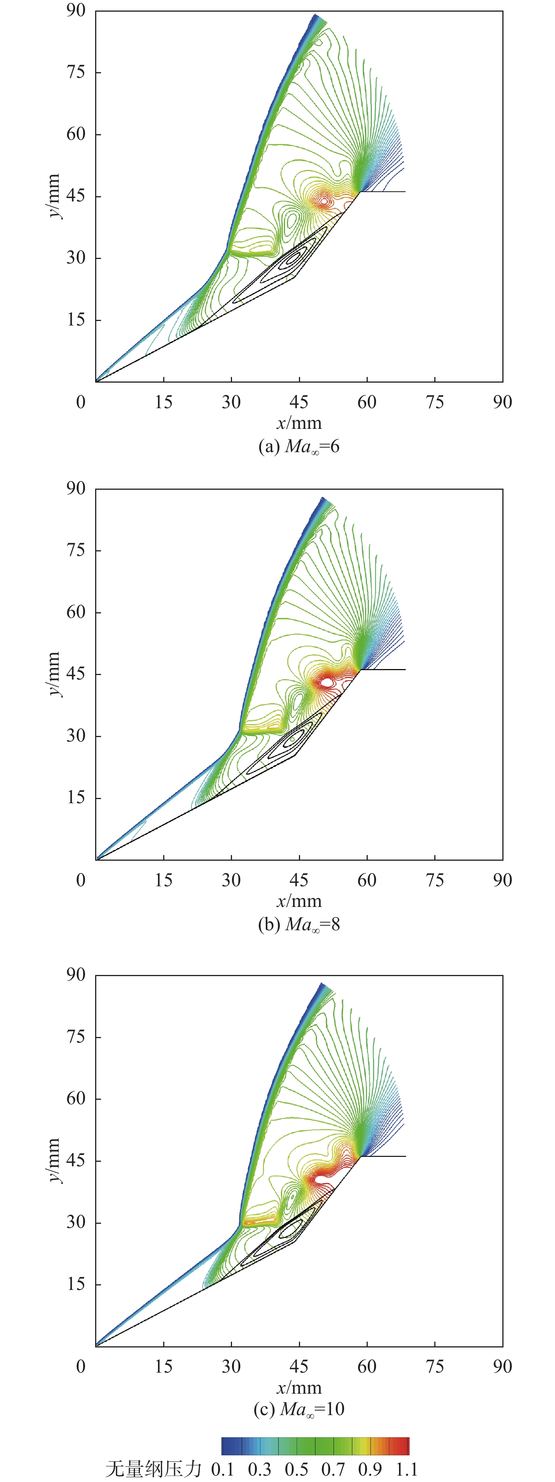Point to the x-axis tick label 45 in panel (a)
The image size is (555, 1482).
[x=299, y=402]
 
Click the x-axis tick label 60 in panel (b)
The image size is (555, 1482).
[x=367, y=880]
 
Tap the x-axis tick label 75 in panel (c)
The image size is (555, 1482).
[x=435, y=1366]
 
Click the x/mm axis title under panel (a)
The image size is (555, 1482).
[x=299, y=424]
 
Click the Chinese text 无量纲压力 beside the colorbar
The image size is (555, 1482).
[x=153, y=1469]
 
